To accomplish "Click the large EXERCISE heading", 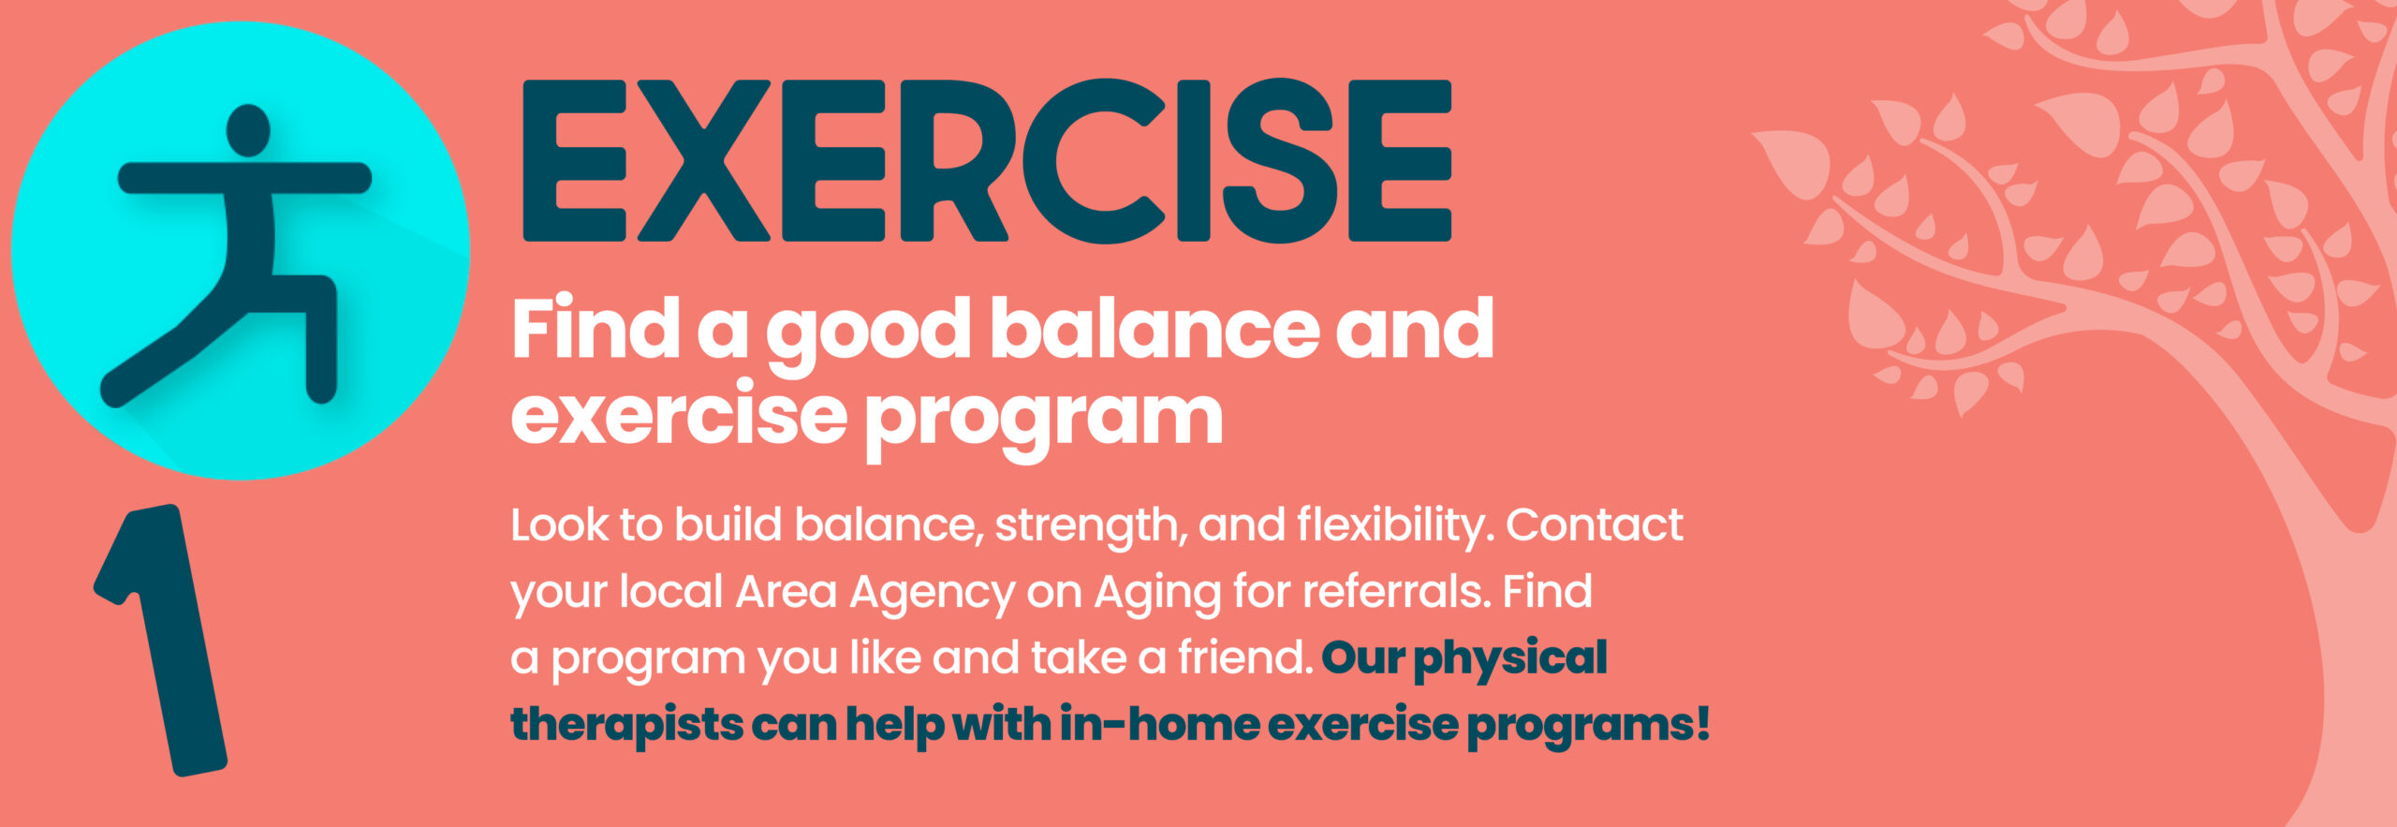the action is tap(986, 160).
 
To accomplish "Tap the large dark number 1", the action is tap(161, 641).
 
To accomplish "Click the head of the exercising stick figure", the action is tap(248, 130).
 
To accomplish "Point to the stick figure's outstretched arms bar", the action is tap(244, 178).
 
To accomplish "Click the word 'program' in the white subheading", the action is tap(1044, 419).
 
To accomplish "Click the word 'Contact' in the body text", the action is tap(1595, 525).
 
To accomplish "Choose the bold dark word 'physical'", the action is tap(1510, 659).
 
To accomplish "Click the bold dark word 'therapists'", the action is tap(627, 726).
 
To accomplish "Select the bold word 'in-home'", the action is tap(1159, 724).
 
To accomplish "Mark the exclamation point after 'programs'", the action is tap(1701, 724).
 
